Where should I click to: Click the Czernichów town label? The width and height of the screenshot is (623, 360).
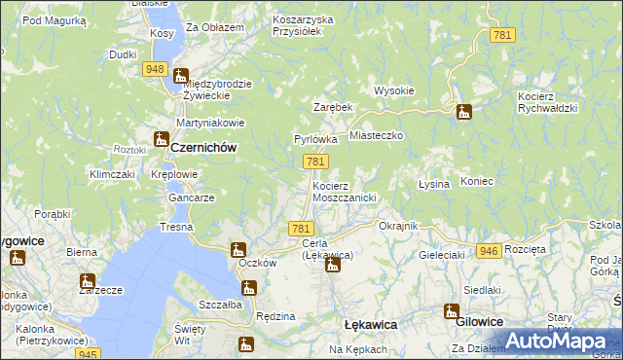pos(204,147)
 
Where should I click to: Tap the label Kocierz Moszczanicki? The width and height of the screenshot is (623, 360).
pos(345,191)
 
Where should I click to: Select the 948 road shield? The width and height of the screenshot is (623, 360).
pos(154,69)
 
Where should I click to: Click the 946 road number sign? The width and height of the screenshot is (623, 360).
pos(490,251)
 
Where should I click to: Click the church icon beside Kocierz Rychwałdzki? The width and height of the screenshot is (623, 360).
pos(464,112)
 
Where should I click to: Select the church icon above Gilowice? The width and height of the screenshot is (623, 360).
pos(451,311)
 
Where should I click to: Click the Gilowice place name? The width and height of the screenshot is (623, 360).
pos(480,322)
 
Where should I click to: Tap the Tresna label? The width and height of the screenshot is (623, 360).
pos(177,227)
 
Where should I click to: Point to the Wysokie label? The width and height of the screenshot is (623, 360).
pos(394,91)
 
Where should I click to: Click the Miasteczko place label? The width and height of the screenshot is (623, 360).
pos(376,137)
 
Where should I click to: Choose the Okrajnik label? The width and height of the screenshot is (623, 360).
pos(398,226)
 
